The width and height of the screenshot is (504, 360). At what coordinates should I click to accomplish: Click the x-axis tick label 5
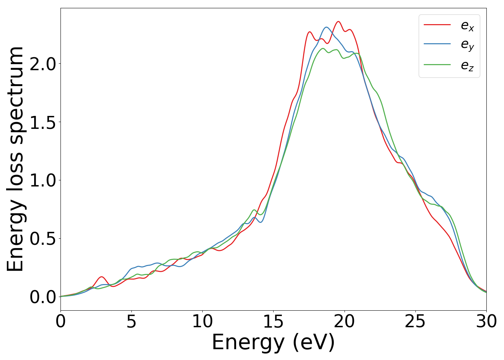pyautogui.click(x=131, y=321)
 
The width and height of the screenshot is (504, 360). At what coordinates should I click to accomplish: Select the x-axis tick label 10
pyautogui.click(x=202, y=321)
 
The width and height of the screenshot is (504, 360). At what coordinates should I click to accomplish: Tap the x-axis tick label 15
pyautogui.click(x=273, y=321)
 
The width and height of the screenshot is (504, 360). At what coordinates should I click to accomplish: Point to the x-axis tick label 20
pyautogui.click(x=345, y=321)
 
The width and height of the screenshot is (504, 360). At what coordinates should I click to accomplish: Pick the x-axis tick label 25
pyautogui.click(x=415, y=321)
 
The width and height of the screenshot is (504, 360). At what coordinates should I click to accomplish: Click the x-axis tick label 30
pyautogui.click(x=486, y=321)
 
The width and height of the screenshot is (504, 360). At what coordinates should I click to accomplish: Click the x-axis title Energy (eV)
pyautogui.click(x=273, y=342)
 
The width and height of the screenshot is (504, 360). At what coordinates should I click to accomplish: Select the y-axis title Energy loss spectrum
pyautogui.click(x=15, y=159)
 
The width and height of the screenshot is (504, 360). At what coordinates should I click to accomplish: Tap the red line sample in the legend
pyautogui.click(x=437, y=24)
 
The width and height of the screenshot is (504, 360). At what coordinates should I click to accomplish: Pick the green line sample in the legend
pyautogui.click(x=437, y=65)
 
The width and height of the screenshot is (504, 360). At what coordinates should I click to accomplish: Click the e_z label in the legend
pyautogui.click(x=467, y=66)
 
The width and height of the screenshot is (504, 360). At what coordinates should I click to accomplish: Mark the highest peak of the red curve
pyautogui.click(x=338, y=22)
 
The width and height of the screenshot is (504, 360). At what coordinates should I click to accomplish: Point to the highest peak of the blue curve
pyautogui.click(x=326, y=27)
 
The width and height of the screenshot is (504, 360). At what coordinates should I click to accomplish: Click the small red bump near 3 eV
pyautogui.click(x=102, y=277)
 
